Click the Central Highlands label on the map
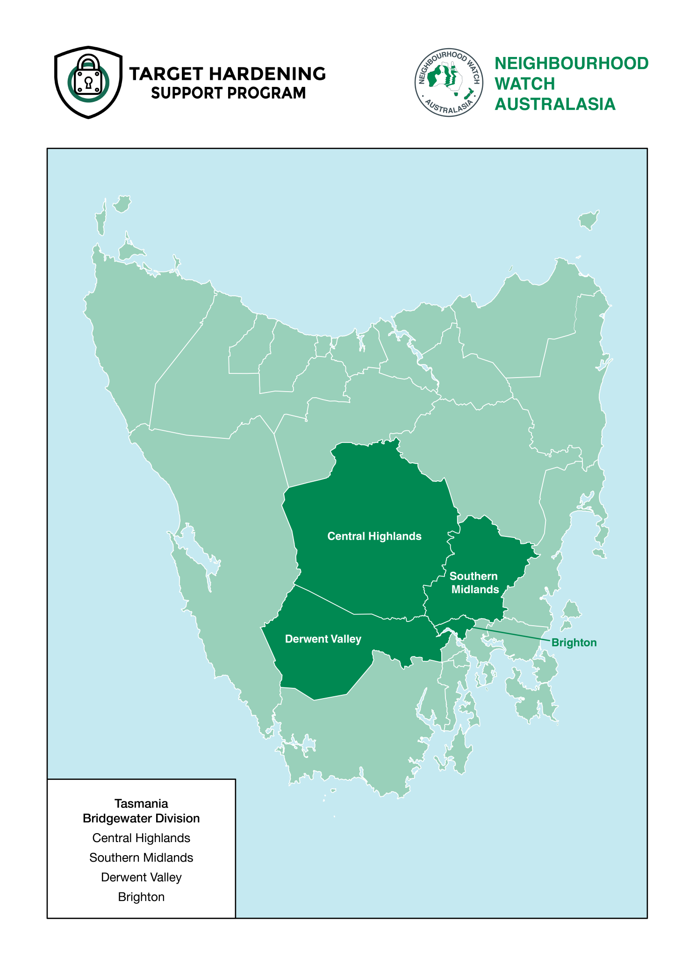point(374,536)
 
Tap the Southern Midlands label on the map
point(474,583)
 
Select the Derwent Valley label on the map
point(323,639)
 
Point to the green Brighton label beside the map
point(574,643)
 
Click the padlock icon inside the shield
point(88,77)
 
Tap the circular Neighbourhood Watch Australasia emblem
point(449,82)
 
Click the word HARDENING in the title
point(267,74)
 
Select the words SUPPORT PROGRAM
point(228,93)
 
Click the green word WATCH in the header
point(524,84)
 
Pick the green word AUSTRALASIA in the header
point(555,104)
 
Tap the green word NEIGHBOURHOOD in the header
point(571,63)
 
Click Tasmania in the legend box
point(141,803)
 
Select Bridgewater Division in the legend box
point(141,818)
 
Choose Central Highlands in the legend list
point(141,838)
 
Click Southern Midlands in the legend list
point(141,857)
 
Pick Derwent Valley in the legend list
point(141,877)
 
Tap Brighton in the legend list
point(141,897)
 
